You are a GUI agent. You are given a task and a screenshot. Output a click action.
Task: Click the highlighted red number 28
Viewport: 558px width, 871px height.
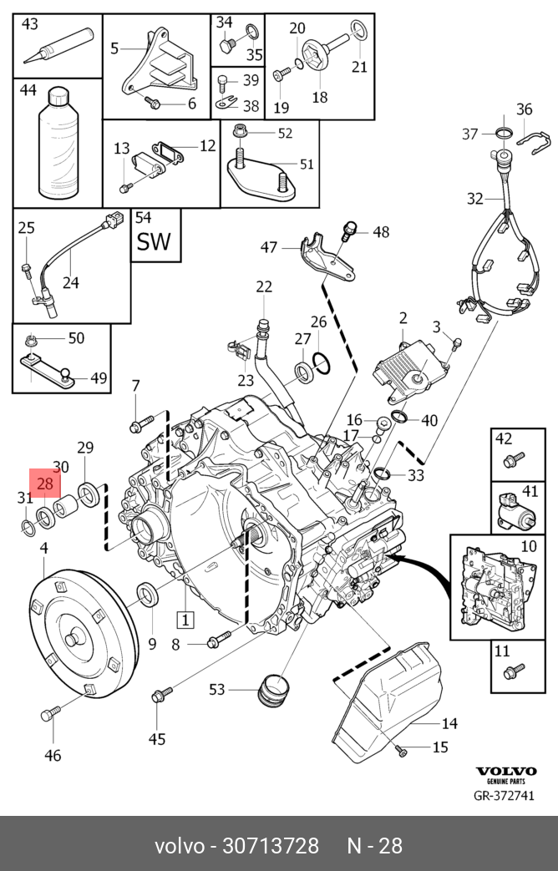[x=44, y=484]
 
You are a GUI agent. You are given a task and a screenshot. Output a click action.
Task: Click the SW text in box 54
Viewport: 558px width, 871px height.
[x=154, y=241]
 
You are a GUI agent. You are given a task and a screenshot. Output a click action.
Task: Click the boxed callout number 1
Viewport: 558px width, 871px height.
[x=184, y=619]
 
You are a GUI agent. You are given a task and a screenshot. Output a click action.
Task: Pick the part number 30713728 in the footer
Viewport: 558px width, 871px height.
[x=270, y=846]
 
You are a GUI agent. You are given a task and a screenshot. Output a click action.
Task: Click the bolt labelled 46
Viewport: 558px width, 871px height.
[x=51, y=715]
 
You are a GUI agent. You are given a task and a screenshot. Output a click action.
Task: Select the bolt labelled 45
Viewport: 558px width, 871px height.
[x=161, y=695]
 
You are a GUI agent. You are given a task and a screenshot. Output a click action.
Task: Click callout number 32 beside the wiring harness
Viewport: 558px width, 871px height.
[x=474, y=198]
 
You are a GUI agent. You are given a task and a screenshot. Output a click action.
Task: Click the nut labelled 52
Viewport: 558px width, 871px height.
[x=241, y=132]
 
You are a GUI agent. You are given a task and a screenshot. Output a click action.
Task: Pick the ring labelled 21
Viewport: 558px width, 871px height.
[x=357, y=33]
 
